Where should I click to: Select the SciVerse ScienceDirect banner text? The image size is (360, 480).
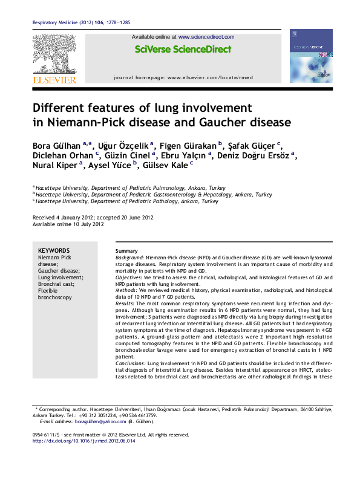coord(183,50)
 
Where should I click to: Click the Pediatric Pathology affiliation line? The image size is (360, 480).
coord(126,201)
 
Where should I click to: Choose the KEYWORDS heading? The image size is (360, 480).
coord(54,250)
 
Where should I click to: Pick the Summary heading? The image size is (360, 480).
coord(127,251)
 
